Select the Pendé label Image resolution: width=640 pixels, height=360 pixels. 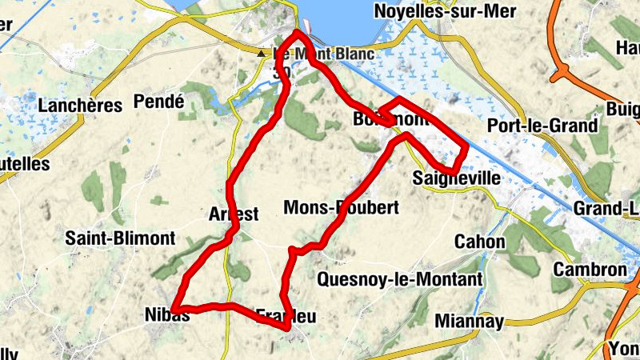point(159,102)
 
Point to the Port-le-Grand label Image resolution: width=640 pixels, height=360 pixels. point(542,126)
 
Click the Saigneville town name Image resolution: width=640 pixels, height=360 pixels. point(457,178)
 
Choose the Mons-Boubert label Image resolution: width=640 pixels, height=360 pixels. point(341,208)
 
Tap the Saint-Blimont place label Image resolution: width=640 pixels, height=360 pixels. point(120,238)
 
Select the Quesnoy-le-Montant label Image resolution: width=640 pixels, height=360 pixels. point(400,279)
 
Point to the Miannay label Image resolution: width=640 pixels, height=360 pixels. point(470,322)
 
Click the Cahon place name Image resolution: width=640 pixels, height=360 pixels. point(479,241)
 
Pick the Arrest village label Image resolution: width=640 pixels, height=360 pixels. point(234,214)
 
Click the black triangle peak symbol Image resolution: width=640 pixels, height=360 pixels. point(262,54)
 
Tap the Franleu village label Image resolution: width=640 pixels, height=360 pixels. point(286,316)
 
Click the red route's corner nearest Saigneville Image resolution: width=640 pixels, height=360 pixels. point(454,171)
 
